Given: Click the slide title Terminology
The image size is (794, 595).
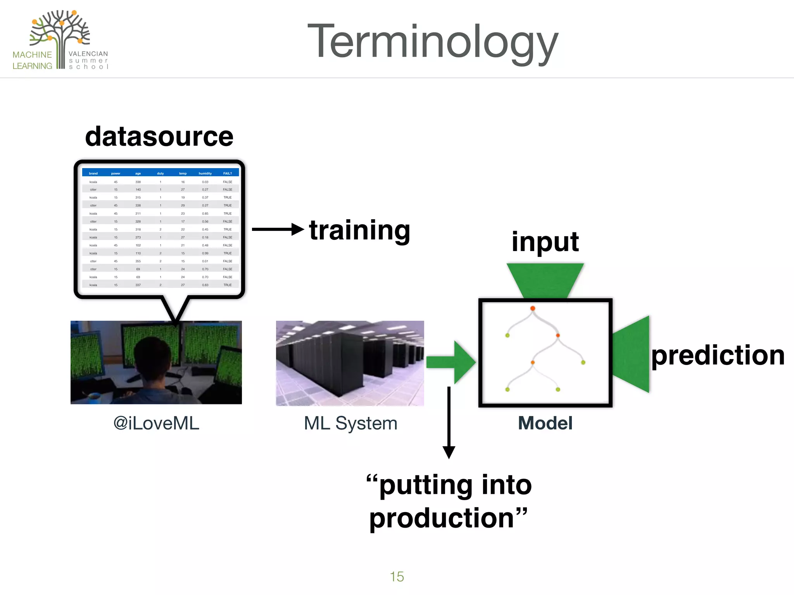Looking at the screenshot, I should click(x=432, y=42).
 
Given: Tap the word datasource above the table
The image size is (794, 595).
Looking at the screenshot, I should click(x=159, y=136).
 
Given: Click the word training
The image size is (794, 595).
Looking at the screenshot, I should click(x=359, y=230).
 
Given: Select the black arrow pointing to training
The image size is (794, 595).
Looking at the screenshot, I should click(x=277, y=229).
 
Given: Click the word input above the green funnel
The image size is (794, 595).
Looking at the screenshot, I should click(x=545, y=242).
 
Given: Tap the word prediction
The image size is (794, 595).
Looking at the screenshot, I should click(x=717, y=355).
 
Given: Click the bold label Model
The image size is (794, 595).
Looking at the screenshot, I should click(x=545, y=423).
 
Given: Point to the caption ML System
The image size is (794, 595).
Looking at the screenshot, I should click(x=350, y=423).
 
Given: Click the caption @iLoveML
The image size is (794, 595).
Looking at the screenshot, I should click(x=156, y=423).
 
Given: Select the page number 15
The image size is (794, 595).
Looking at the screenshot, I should click(x=397, y=576).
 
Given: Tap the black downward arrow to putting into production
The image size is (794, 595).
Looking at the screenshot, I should click(x=449, y=422).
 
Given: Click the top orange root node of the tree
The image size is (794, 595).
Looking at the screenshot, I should click(x=533, y=308).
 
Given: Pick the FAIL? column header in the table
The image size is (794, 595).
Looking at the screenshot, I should click(x=228, y=174).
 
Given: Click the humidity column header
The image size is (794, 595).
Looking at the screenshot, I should click(x=205, y=174).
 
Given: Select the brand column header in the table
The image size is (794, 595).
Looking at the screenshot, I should click(x=93, y=174).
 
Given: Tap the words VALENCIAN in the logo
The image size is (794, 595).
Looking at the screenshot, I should click(x=88, y=54).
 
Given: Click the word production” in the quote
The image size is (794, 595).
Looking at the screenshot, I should click(x=448, y=518).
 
